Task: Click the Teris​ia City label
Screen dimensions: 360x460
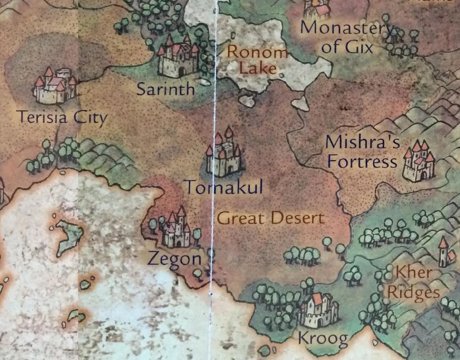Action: (x=62, y=119)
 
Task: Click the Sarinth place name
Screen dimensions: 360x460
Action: (x=166, y=90)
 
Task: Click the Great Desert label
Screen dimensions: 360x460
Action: (x=271, y=218)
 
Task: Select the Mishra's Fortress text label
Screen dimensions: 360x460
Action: (x=362, y=151)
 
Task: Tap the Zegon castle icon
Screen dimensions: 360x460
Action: (x=176, y=228)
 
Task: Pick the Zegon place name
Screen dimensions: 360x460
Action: (x=174, y=259)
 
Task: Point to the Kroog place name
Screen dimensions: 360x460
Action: (x=322, y=339)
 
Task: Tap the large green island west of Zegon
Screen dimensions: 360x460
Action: (x=69, y=236)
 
